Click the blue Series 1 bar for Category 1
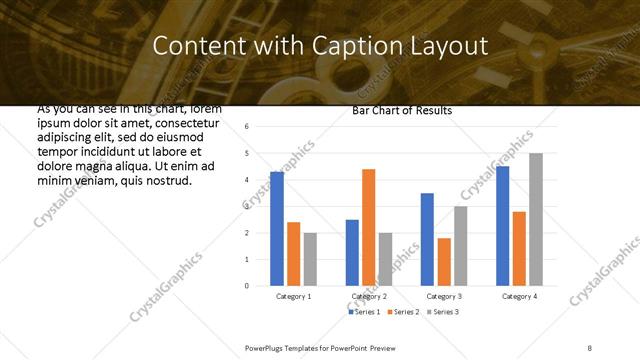pos(277,229)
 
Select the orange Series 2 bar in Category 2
pos(369,227)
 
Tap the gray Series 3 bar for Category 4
pos(536,220)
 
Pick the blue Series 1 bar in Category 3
pos(427,239)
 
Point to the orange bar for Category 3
pos(444,262)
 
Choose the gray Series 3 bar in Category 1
pos(310,259)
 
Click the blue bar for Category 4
pos(502,226)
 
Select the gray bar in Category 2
pos(386,259)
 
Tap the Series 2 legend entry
pos(404,313)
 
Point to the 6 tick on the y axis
pos(247,126)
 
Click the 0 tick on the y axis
pos(247,286)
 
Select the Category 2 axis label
pos(369,297)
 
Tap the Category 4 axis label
pos(519,297)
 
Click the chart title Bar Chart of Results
pos(402,111)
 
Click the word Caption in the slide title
pos(358,46)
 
